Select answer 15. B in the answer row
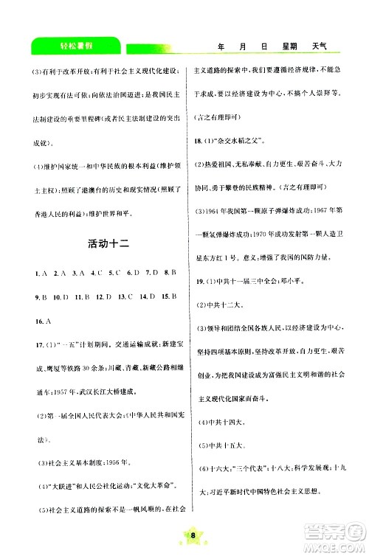pos(170,297)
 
